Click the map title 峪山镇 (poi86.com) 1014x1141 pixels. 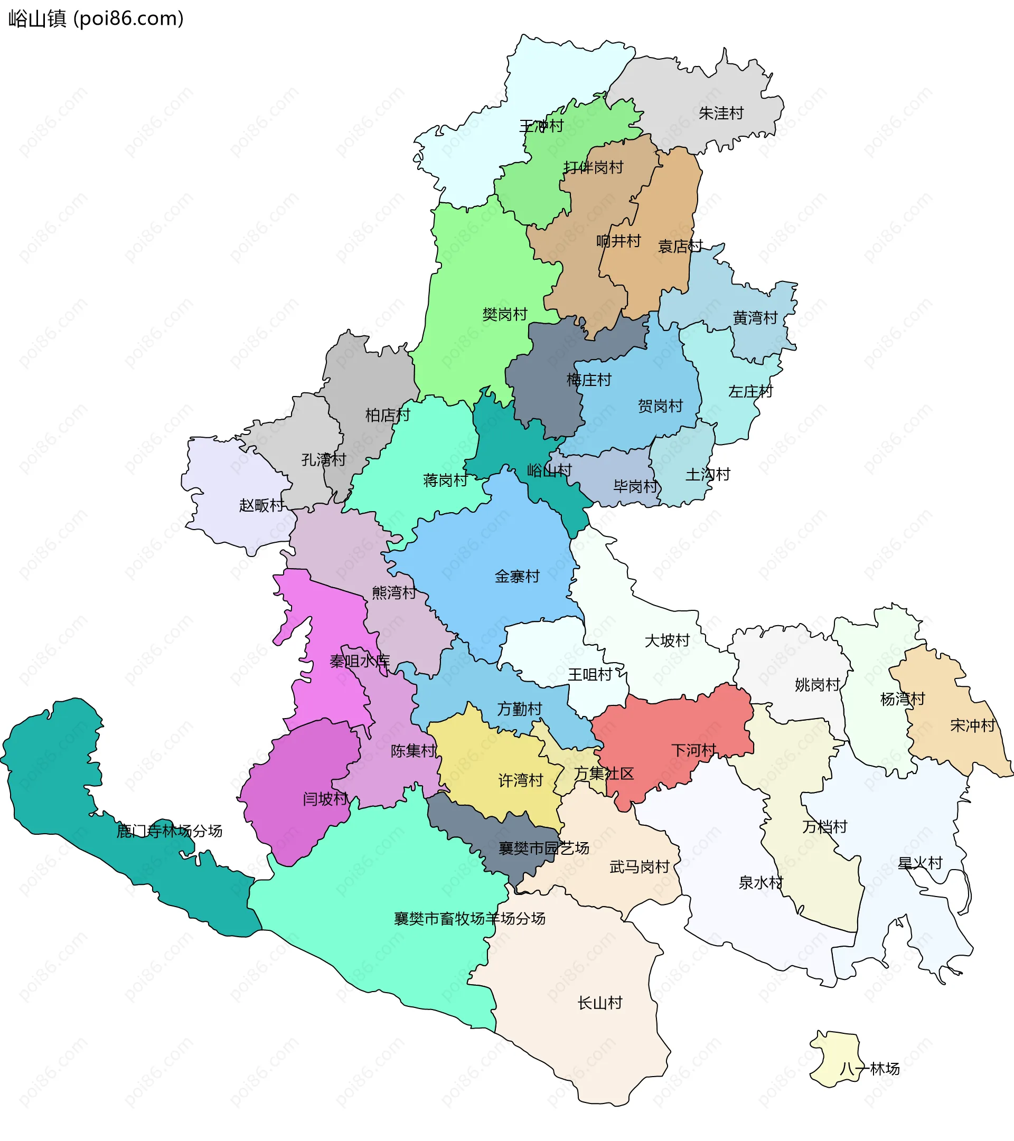[96, 19]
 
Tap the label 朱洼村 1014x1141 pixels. [721, 114]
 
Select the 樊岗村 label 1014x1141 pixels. [505, 315]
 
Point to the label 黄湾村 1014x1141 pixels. [755, 318]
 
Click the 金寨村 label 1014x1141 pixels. [517, 577]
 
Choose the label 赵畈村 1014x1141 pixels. [261, 505]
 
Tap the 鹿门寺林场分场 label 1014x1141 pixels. [169, 831]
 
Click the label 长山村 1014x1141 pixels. [600, 1003]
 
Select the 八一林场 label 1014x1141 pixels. [869, 1069]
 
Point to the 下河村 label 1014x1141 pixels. [693, 750]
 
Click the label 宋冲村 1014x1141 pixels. [973, 725]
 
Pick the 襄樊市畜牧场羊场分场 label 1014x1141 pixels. [470, 919]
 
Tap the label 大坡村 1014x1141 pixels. [667, 641]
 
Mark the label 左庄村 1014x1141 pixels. [750, 392]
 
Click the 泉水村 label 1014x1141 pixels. [760, 882]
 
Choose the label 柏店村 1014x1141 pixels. [388, 416]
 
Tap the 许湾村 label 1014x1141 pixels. [520, 780]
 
